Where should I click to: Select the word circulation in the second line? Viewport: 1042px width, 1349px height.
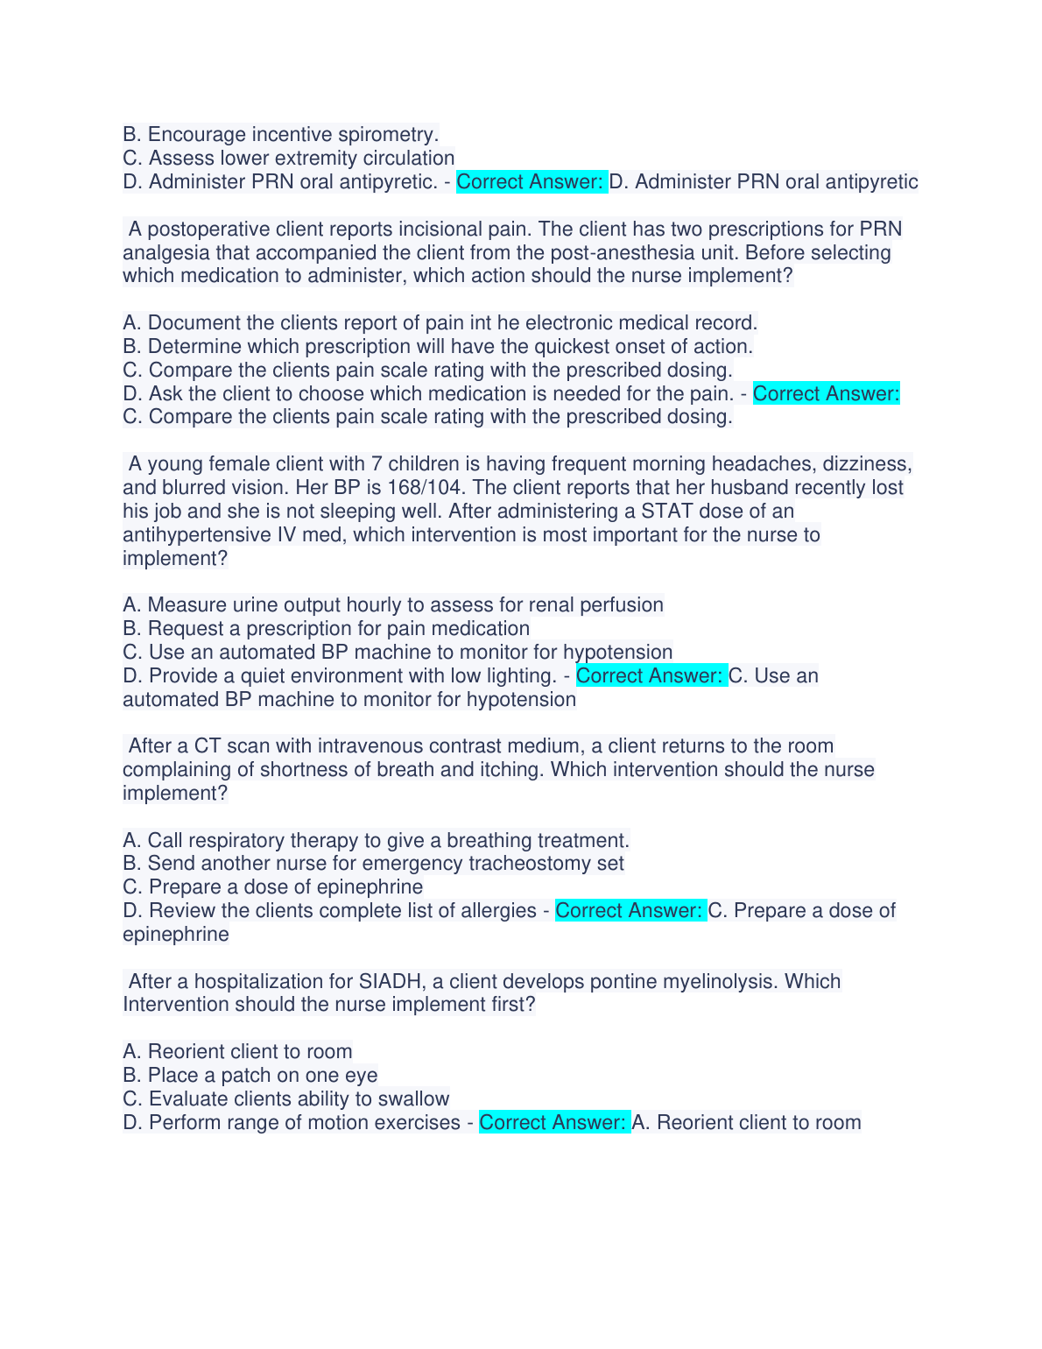(408, 159)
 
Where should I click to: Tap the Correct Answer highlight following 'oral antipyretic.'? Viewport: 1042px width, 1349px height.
(531, 182)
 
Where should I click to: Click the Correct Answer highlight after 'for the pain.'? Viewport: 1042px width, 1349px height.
(826, 394)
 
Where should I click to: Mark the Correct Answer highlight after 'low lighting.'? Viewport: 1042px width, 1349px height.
(651, 676)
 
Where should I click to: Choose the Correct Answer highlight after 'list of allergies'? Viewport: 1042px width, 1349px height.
(630, 911)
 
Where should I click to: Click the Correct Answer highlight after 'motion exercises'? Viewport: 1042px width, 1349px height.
(553, 1123)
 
